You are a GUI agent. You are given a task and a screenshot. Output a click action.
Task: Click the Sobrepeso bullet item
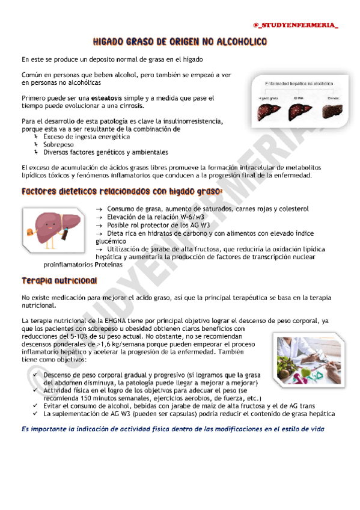pyautogui.click(x=59, y=144)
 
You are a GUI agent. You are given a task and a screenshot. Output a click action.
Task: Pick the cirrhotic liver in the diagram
pyautogui.click(x=326, y=111)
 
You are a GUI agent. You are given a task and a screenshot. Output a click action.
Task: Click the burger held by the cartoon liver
pyautogui.click(x=32, y=230)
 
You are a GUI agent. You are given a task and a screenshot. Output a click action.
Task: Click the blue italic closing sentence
pyautogui.click(x=172, y=429)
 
